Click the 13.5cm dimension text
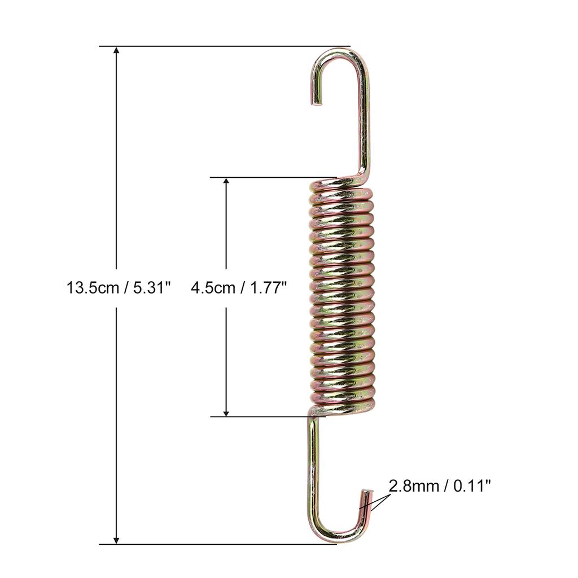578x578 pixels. coord(94,288)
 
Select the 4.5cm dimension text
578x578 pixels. coord(213,288)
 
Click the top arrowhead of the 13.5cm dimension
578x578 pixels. coord(117,51)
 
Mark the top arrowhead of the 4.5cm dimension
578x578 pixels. coord(226,182)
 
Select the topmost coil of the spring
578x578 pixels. coord(341,187)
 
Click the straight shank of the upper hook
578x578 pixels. coord(365,124)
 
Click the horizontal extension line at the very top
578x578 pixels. coord(226,46)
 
